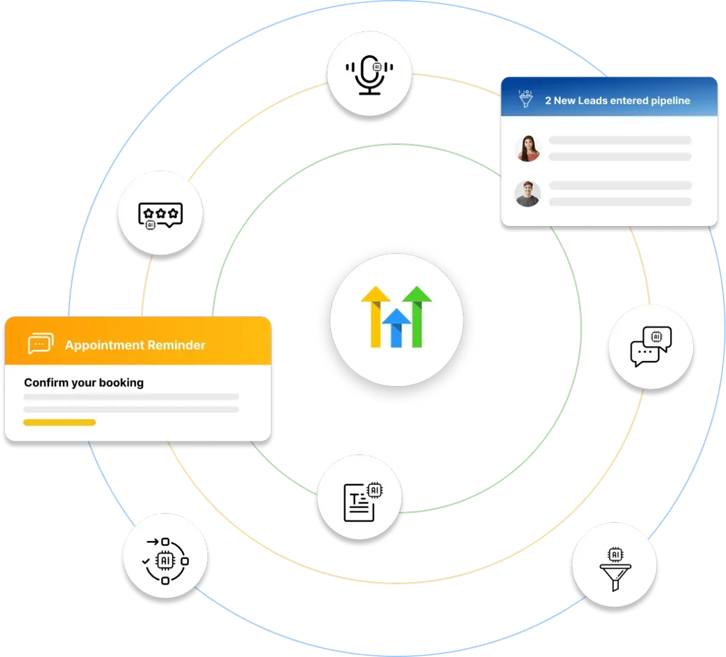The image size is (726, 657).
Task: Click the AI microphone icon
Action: [x=369, y=75]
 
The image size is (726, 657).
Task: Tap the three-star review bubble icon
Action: [x=160, y=216]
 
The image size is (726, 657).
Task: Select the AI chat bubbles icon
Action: [x=651, y=346]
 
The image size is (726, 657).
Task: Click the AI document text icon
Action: [x=363, y=502]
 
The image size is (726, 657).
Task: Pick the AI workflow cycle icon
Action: [x=165, y=561]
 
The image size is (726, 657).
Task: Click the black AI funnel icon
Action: [x=615, y=569]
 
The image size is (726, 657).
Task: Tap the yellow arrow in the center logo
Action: [x=376, y=316]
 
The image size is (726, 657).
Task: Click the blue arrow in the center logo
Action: [x=396, y=328]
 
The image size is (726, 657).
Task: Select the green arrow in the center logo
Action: [x=417, y=316]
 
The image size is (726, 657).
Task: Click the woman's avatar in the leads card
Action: [x=528, y=148]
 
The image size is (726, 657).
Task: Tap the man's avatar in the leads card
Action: [x=528, y=194]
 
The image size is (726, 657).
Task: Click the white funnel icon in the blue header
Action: [x=526, y=99]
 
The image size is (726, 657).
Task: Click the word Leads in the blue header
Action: [x=592, y=100]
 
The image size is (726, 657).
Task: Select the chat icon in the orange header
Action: [x=41, y=343]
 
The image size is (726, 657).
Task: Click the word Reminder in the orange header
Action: [x=176, y=345]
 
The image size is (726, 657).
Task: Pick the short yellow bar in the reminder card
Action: [x=59, y=422]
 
